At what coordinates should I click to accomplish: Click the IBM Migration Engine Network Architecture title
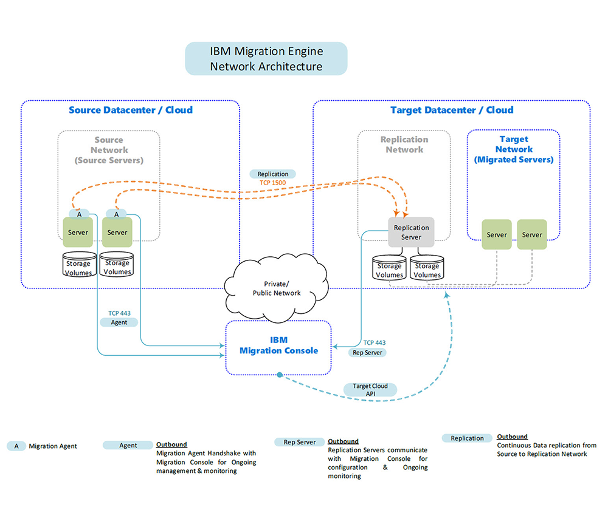click(266, 59)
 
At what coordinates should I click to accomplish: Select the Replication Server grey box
click(411, 232)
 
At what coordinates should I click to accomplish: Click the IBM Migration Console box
click(278, 346)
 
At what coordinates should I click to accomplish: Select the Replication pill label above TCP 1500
click(272, 174)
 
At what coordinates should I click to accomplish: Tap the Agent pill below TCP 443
click(119, 322)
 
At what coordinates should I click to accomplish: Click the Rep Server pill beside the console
click(367, 352)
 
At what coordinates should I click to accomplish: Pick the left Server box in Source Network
click(78, 233)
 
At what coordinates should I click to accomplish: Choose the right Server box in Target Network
click(532, 234)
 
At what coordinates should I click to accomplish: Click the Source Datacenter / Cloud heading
click(131, 110)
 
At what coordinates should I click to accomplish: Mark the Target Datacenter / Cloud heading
click(452, 110)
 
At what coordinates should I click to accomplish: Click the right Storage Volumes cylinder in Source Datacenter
click(117, 266)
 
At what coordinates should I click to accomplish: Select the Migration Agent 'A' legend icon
click(16, 446)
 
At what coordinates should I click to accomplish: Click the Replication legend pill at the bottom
click(467, 438)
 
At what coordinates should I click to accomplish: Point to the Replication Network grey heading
click(404, 144)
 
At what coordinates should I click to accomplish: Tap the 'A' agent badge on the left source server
click(78, 214)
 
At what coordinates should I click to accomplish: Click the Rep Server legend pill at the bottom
click(299, 443)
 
